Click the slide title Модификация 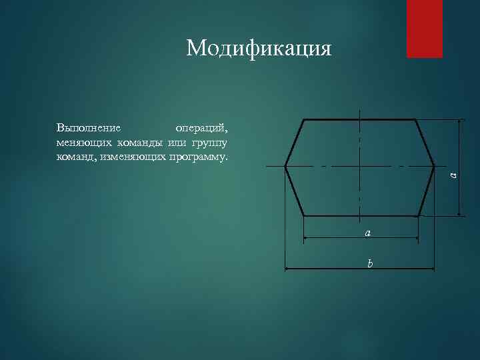pos(259,48)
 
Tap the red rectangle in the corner pos(425,29)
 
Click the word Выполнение pos(89,127)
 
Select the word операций pos(201,127)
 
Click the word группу pos(209,143)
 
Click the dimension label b pos(370,263)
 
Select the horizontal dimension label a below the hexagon pos(367,233)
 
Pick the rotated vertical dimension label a pos(453,175)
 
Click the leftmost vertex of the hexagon pos(285,165)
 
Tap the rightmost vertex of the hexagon pos(434,165)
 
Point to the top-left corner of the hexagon pos(304,120)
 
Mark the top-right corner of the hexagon pos(416,120)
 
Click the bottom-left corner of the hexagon pos(303,216)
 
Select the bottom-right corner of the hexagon pos(418,216)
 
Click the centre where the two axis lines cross pos(360,165)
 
